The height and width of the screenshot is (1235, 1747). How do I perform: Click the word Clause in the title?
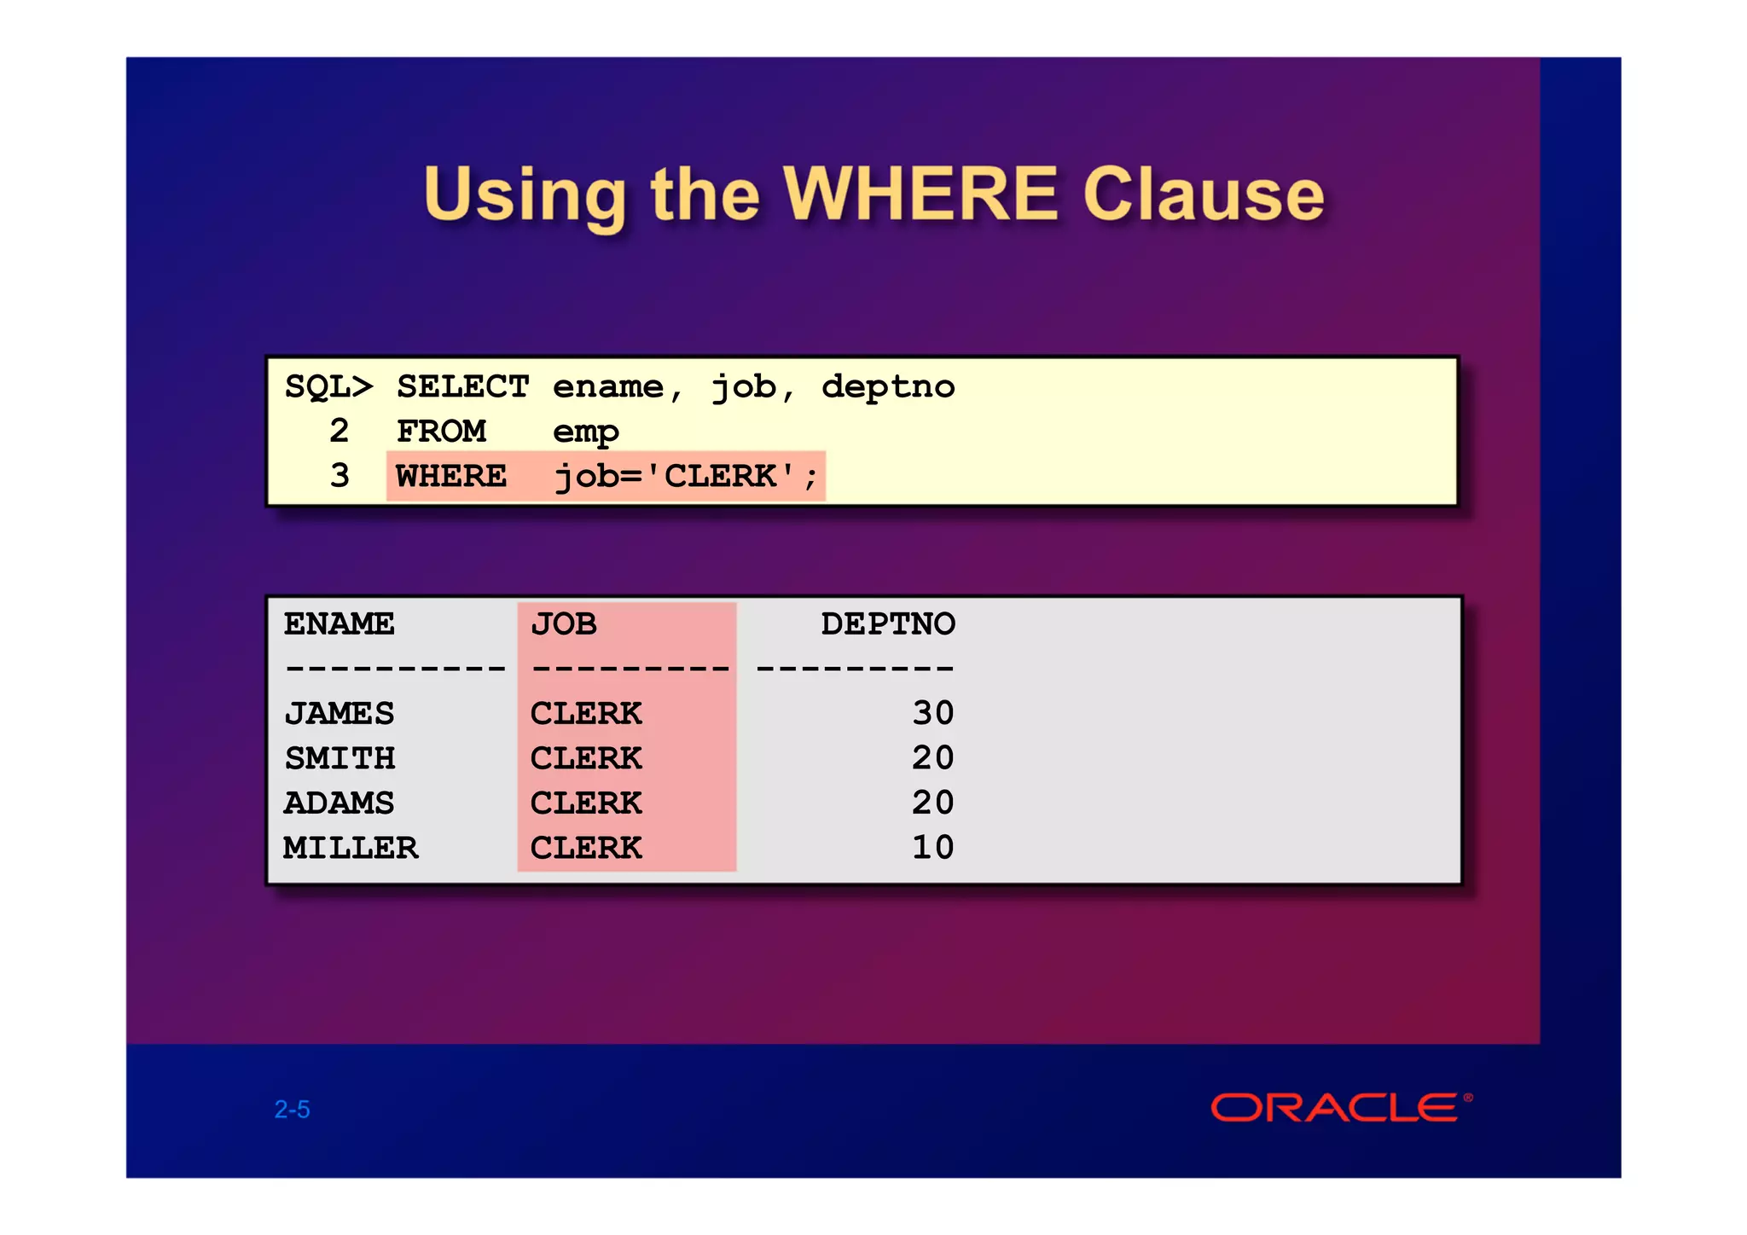pyautogui.click(x=1203, y=194)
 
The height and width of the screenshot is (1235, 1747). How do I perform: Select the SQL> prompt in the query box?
pyautogui.click(x=328, y=387)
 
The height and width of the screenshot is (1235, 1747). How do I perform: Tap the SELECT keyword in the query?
pyautogui.click(x=462, y=387)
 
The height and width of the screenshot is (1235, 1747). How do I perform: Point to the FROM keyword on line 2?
pyautogui.click(x=441, y=432)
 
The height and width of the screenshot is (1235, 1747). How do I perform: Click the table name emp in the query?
pyautogui.click(x=585, y=433)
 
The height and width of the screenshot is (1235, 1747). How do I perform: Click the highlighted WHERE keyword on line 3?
pyautogui.click(x=451, y=476)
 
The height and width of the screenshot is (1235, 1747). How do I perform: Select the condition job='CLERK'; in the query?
pyautogui.click(x=686, y=476)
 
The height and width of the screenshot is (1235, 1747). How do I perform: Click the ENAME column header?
pyautogui.click(x=339, y=624)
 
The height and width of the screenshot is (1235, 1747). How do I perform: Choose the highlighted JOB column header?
pyautogui.click(x=563, y=624)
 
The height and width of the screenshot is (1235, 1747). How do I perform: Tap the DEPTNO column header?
pyautogui.click(x=887, y=624)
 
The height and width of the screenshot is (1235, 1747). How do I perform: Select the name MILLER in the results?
pyautogui.click(x=351, y=848)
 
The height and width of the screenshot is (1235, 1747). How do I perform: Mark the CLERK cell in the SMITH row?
pyautogui.click(x=585, y=758)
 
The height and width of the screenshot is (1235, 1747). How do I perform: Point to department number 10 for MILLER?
pyautogui.click(x=932, y=848)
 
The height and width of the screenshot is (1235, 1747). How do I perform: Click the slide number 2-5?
pyautogui.click(x=292, y=1110)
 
